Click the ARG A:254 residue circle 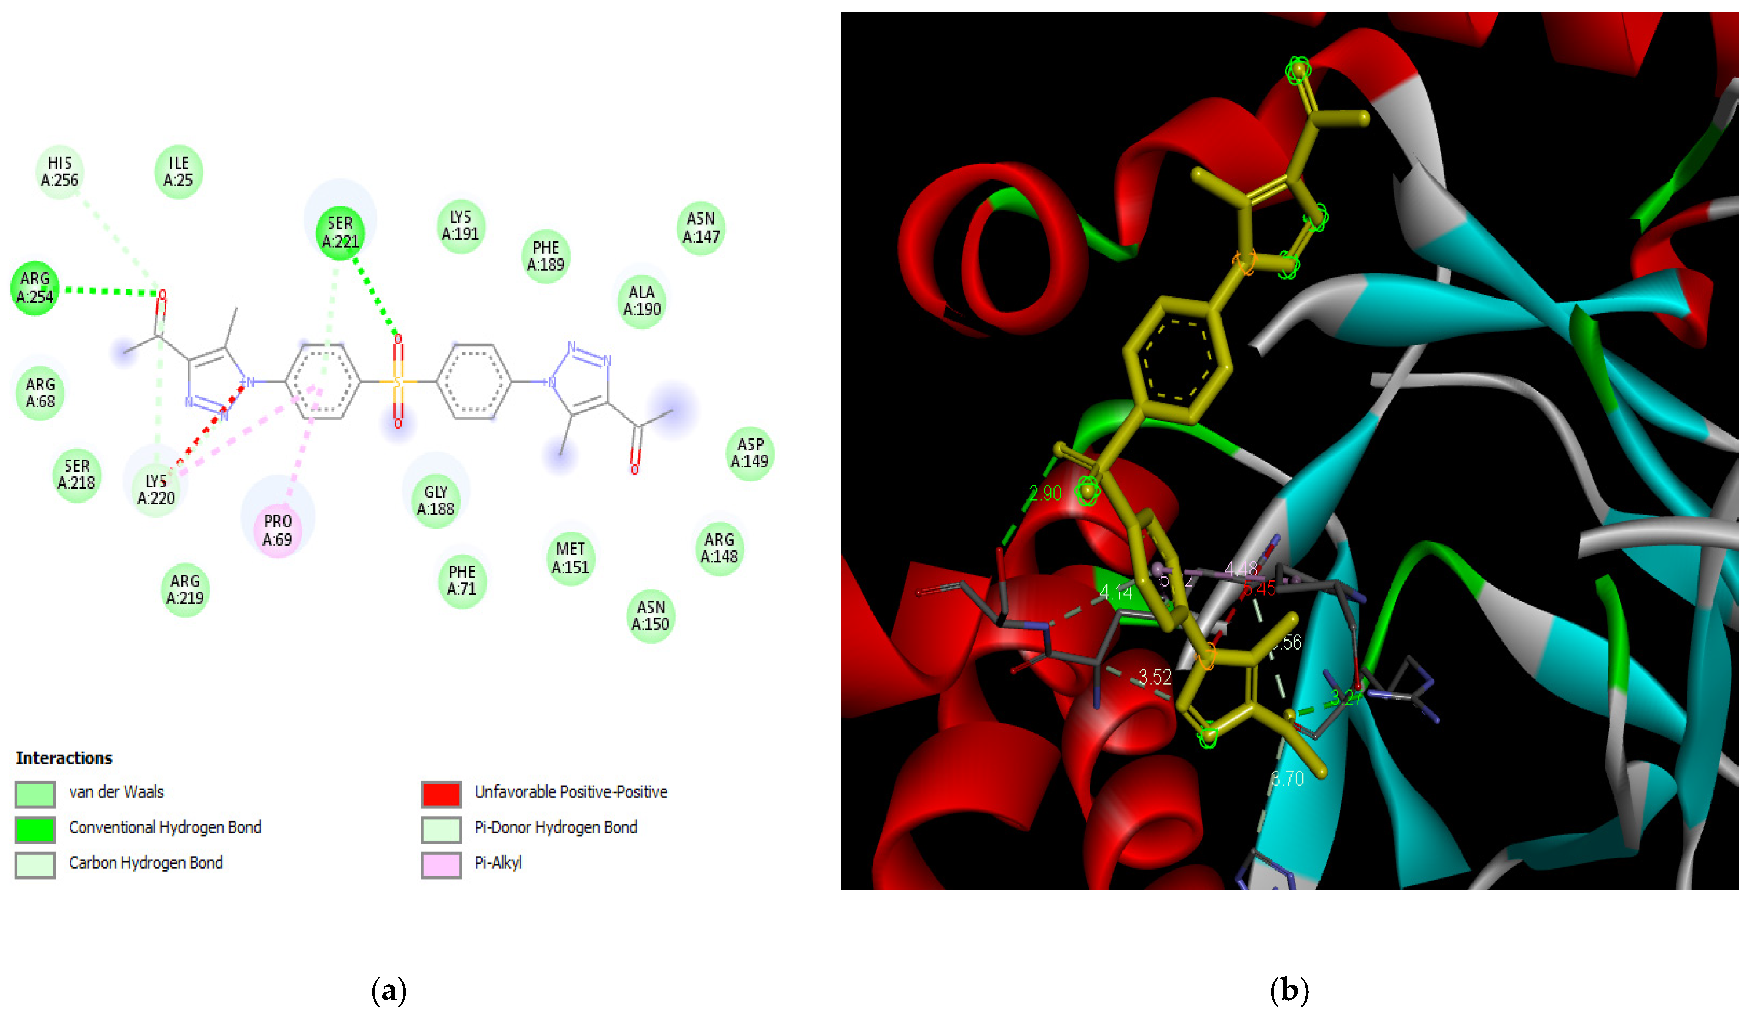point(35,288)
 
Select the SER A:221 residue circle point(340,232)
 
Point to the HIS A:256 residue point(60,172)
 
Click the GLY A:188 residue point(435,500)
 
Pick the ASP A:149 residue point(750,453)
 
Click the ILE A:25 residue point(179,172)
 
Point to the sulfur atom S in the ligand point(398,381)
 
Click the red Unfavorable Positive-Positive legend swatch point(441,793)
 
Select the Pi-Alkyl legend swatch point(441,864)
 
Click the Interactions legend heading point(64,757)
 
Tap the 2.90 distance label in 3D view point(1045,493)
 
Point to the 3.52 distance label point(1155,676)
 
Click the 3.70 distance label point(1287,778)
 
